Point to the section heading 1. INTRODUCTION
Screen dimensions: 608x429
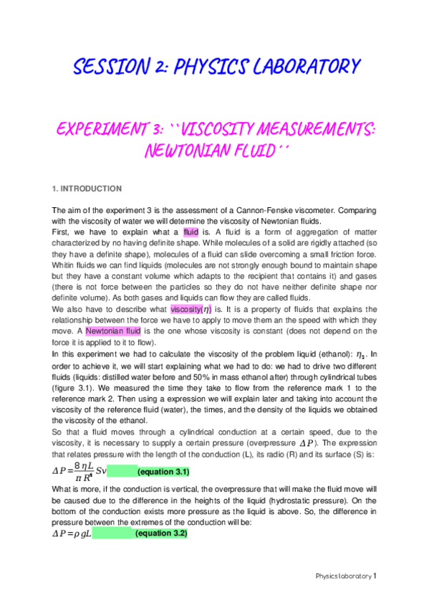86,189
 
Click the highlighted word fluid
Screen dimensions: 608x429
191,232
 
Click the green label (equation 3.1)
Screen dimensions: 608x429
163,472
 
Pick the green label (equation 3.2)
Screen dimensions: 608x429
161,534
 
